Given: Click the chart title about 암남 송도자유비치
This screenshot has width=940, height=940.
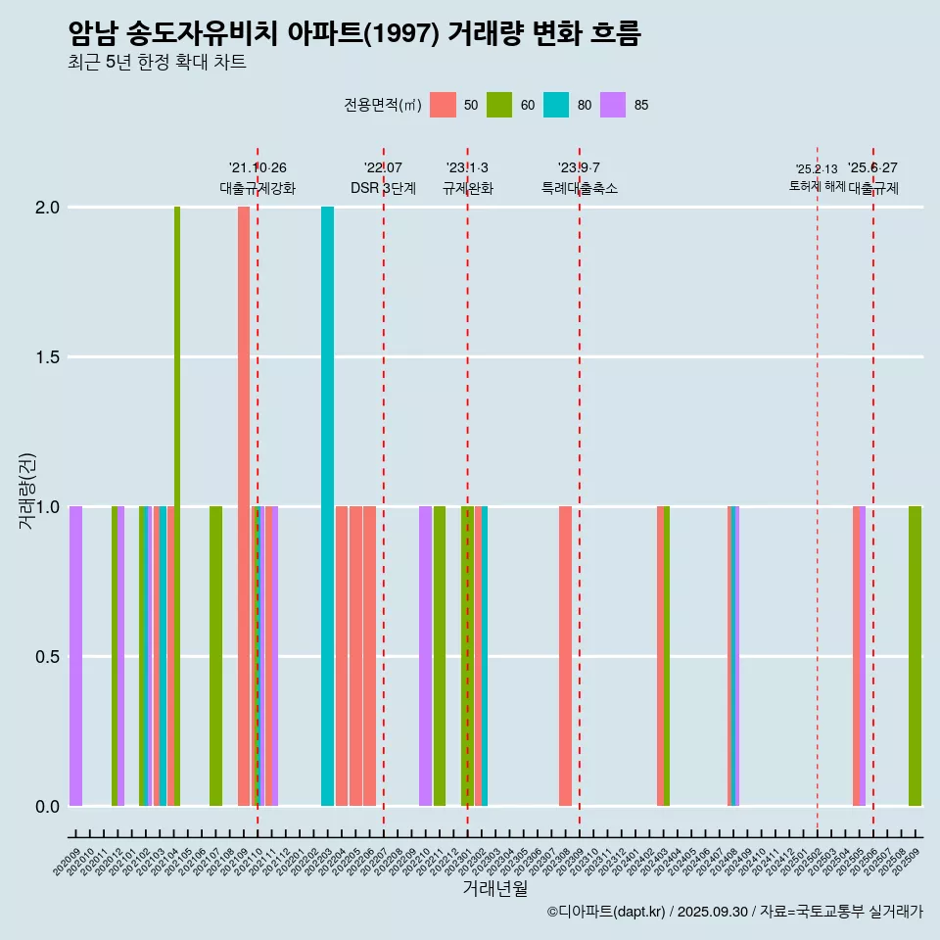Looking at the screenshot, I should (x=354, y=34).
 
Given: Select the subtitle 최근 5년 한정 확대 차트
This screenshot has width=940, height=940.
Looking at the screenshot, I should (x=157, y=63).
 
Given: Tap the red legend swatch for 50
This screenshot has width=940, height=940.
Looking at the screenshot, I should (x=443, y=105).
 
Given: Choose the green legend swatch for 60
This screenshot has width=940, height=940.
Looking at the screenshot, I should (x=499, y=105).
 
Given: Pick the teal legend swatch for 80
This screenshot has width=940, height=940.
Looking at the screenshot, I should (x=556, y=105).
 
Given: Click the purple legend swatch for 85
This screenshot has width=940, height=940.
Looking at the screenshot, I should (x=613, y=105).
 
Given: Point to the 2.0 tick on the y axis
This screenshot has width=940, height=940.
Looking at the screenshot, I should (x=47, y=208).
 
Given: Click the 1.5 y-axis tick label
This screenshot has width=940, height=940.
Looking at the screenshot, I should (x=47, y=357).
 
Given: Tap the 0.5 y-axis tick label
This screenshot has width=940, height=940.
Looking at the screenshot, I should (x=47, y=656).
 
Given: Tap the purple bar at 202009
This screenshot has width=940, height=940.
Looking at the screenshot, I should (x=75, y=656).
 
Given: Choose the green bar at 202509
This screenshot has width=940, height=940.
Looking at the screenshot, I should (x=915, y=656).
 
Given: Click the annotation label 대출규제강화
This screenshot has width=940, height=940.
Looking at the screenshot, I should (x=258, y=188).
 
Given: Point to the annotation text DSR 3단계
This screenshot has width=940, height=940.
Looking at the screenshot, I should (x=383, y=188).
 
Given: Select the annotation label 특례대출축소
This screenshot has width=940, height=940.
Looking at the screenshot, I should (x=580, y=188).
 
